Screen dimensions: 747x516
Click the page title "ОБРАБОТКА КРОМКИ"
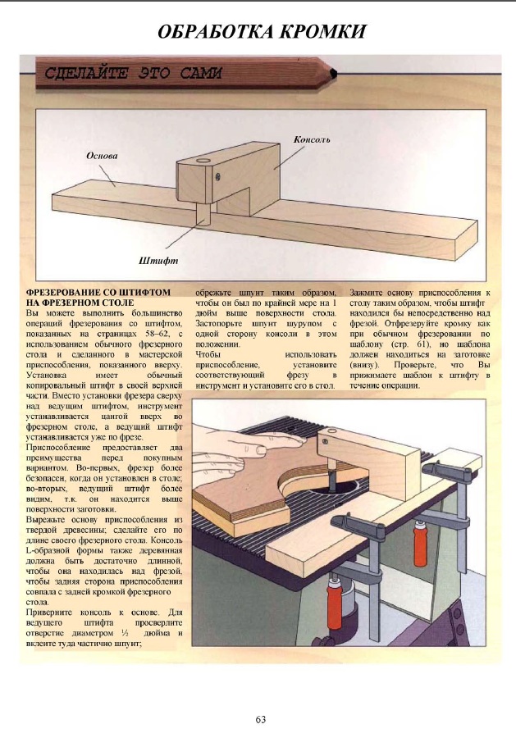click(x=261, y=32)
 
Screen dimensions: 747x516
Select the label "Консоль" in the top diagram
click(x=312, y=140)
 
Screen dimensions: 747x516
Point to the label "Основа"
click(x=103, y=154)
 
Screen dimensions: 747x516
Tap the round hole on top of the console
click(x=203, y=155)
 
